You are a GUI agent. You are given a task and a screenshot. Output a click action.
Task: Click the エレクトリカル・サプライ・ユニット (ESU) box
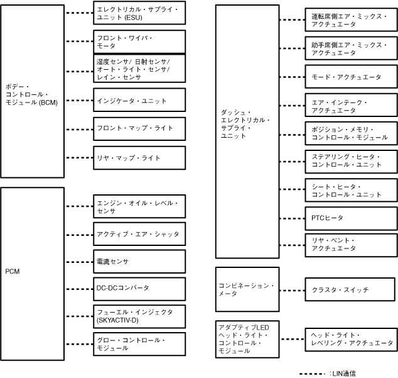(x=139, y=13)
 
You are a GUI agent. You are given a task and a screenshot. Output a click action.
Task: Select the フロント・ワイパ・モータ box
(x=139, y=42)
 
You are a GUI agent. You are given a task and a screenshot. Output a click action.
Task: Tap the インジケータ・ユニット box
(x=139, y=100)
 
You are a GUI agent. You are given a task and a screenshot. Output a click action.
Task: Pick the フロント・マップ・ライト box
(x=139, y=128)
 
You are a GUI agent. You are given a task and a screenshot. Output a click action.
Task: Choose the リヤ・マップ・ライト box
(x=139, y=158)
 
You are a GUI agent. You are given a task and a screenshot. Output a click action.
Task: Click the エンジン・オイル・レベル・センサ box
(x=139, y=206)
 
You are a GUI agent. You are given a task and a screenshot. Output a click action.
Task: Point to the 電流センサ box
(x=139, y=261)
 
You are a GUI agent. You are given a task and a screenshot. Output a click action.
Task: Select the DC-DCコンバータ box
(x=139, y=288)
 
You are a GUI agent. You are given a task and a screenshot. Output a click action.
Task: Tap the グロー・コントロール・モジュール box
(x=139, y=344)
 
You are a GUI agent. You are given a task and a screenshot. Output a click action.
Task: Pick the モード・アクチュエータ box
(x=351, y=76)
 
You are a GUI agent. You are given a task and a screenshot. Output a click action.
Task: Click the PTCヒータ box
(x=351, y=218)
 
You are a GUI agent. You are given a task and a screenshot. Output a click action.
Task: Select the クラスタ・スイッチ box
(x=351, y=290)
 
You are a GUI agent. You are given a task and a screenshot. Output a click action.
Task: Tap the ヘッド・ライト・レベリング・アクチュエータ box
(x=351, y=340)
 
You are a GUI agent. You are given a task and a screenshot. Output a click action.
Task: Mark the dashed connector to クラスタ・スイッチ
(x=293, y=290)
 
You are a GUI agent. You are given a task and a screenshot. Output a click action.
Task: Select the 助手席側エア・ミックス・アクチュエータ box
(x=351, y=48)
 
